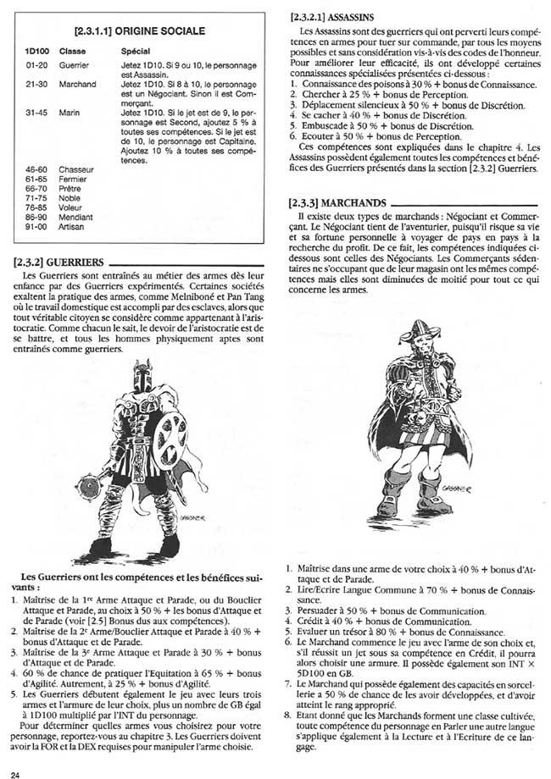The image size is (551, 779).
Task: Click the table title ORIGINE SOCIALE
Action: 140,31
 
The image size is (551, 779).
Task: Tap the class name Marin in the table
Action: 70,112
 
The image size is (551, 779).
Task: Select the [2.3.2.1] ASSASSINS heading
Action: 328,16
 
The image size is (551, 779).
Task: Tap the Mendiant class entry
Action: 74,218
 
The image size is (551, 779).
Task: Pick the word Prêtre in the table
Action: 70,189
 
